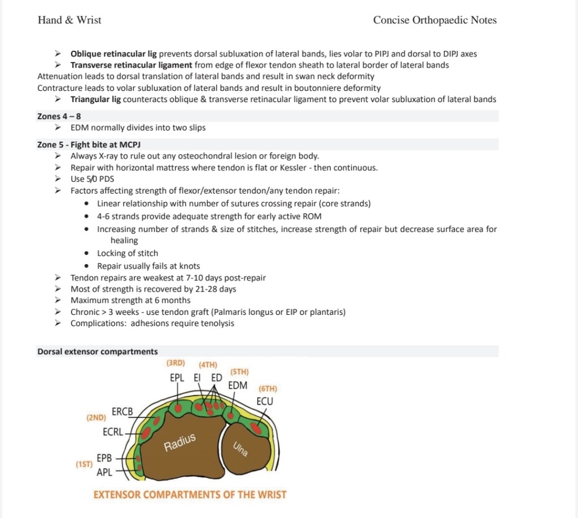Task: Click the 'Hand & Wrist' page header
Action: click(69, 20)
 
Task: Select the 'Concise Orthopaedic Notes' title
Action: click(435, 20)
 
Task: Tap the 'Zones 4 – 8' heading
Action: click(59, 116)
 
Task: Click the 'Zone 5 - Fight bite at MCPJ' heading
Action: click(89, 144)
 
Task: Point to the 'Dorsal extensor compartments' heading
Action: click(97, 352)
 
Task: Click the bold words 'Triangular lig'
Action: click(95, 99)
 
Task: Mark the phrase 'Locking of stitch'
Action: click(128, 253)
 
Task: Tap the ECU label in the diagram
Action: click(265, 401)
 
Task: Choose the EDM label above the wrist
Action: click(238, 385)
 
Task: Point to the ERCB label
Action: click(122, 412)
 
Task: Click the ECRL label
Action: click(113, 432)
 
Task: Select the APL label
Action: click(104, 472)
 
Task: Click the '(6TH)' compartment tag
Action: click(268, 389)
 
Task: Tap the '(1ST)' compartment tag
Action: click(84, 464)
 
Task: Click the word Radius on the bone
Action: click(179, 443)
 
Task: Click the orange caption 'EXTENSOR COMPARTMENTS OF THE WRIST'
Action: click(190, 495)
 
